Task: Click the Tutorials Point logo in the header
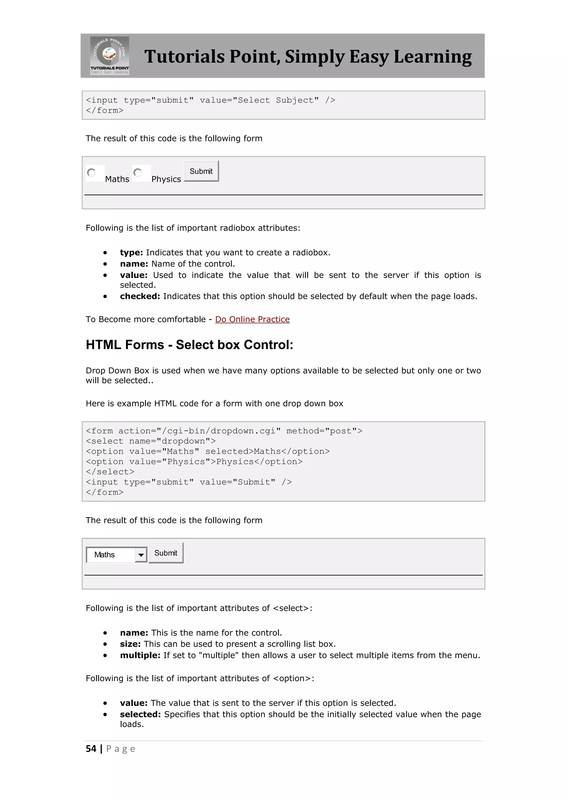click(110, 56)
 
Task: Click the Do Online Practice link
click(252, 319)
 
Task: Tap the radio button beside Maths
click(91, 173)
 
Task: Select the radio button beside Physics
click(138, 173)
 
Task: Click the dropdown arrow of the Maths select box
click(141, 555)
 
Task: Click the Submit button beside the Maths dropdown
click(166, 553)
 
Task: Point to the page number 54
click(91, 749)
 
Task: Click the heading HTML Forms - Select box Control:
click(190, 345)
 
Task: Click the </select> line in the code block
click(110, 472)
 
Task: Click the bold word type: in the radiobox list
click(131, 253)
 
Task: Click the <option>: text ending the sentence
click(294, 678)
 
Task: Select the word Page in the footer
click(120, 749)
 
